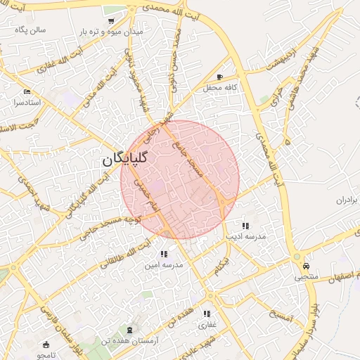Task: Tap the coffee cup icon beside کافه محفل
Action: (x=220, y=77)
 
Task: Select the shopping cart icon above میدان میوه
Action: (x=112, y=21)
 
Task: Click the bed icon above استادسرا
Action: (x=27, y=91)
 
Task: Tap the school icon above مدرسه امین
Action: (x=163, y=254)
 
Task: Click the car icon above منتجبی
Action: (x=307, y=266)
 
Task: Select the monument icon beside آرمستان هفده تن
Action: (x=129, y=329)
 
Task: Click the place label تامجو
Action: (x=51, y=356)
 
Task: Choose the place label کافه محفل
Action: (x=239, y=86)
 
